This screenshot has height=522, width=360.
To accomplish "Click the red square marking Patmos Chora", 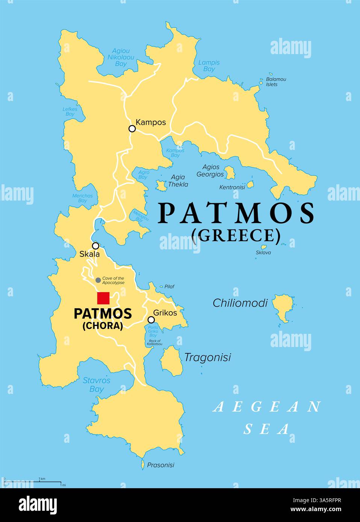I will (103, 298).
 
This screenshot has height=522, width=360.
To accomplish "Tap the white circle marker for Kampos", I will (132, 128).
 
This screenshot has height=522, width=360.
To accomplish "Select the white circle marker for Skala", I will (96, 246).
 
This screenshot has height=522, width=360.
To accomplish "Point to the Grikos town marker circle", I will (151, 320).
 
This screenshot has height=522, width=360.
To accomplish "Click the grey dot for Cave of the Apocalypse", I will (98, 280).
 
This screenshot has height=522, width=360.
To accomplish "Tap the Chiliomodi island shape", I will (282, 306).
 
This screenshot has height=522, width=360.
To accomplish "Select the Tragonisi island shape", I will (170, 360).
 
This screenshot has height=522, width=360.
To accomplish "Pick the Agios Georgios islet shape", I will (229, 173).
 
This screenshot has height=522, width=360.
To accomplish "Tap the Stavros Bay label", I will (97, 385).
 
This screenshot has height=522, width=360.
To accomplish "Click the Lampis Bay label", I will (209, 66).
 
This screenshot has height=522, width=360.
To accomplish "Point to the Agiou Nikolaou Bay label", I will (121, 57).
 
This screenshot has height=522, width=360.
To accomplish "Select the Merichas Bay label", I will (83, 198).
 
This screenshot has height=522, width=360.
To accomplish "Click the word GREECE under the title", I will (236, 235).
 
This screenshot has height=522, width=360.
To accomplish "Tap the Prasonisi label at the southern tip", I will (160, 465).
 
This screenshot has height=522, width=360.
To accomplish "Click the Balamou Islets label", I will (276, 82).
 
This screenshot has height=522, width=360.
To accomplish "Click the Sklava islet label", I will (263, 253).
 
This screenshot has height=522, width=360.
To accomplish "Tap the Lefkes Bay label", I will (70, 112).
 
